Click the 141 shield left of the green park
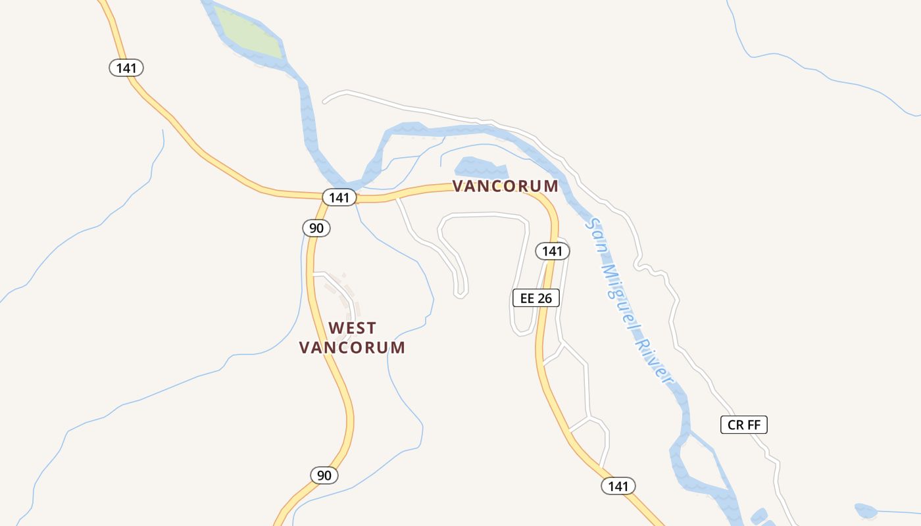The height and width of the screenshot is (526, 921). pos(126,67)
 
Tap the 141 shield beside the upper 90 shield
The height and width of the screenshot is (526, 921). pos(339,197)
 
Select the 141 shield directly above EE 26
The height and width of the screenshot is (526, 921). pos(552,251)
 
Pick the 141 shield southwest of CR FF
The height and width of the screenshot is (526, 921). pos(618,486)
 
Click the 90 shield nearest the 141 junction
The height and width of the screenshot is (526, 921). pos(316,228)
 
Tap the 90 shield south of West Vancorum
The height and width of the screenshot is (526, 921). pos(324,475)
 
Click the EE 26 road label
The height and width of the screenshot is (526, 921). pos(535,298)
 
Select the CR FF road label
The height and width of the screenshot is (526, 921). pos(743,425)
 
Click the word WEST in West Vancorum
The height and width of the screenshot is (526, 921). pos(353,327)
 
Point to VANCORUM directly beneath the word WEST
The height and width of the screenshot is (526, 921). pos(352,348)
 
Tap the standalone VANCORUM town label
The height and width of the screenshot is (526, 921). pos(505,186)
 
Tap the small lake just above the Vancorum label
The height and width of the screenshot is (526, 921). pos(481,167)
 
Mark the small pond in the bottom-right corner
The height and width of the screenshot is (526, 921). pos(865,510)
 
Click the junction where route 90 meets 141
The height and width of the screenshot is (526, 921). pos(324,197)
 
